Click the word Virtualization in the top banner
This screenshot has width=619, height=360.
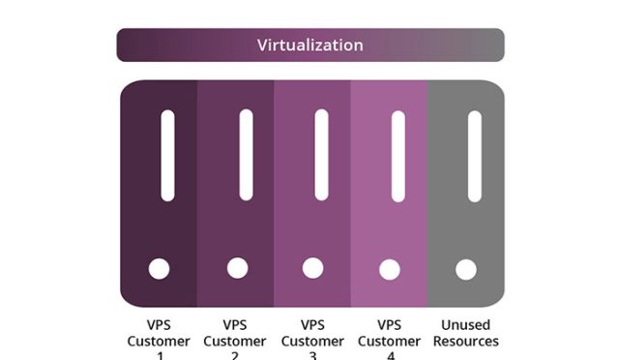pos(309,45)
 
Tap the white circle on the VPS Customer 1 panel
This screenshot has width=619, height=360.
pos(159,268)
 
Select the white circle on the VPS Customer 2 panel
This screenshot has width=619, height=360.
pos(237,267)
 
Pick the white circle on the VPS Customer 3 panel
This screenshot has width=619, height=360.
pos(312,268)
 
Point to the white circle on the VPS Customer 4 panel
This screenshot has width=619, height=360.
pos(390,268)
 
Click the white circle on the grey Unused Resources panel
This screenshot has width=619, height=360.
pos(466,268)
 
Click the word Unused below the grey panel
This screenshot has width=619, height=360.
pos(466,325)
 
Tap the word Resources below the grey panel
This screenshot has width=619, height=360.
pos(466,342)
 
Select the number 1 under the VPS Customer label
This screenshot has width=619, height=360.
pos(160,355)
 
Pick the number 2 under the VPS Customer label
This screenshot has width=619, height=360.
pos(236,355)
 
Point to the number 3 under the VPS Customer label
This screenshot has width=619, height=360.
pos(312,355)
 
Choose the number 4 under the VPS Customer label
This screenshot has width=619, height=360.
pos(390,355)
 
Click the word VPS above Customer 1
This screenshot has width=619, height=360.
pos(160,325)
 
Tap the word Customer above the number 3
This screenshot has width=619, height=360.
pos(312,342)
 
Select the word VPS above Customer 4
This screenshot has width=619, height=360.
pos(390,325)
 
